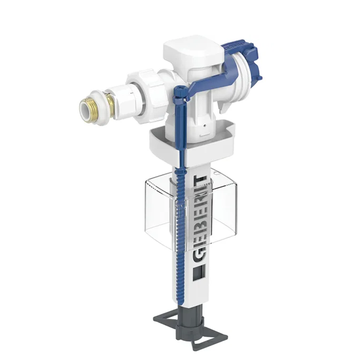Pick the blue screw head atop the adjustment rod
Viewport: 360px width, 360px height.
(179, 90)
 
